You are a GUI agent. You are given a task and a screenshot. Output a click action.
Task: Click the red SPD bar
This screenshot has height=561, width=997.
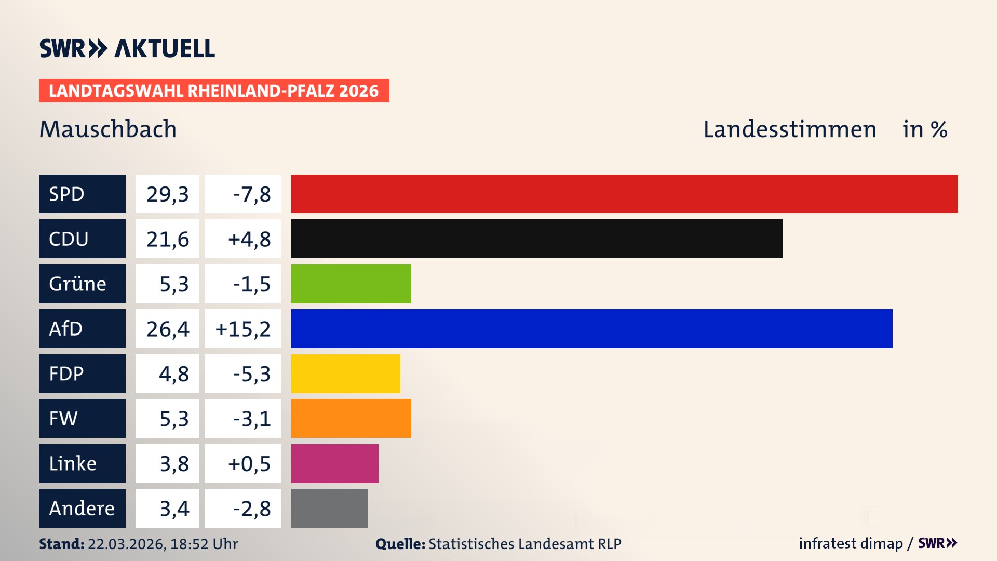point(624,194)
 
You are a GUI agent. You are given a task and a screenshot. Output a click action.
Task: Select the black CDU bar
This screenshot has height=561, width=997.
point(537,238)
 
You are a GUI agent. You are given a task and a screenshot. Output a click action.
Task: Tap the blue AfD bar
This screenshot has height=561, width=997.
point(591,328)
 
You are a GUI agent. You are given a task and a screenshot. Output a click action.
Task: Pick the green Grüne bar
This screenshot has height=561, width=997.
point(351,284)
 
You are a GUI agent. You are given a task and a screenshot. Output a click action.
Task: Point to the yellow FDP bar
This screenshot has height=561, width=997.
point(345,373)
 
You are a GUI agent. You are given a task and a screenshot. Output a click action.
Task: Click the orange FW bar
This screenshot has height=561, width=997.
point(351,418)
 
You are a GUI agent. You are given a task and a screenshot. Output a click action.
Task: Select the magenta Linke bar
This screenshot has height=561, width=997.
point(334,463)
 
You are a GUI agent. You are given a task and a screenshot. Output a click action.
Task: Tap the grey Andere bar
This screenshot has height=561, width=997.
point(329,508)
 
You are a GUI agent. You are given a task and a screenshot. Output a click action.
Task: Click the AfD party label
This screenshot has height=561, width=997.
point(82,328)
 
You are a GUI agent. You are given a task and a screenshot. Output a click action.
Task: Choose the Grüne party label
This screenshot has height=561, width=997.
point(82,284)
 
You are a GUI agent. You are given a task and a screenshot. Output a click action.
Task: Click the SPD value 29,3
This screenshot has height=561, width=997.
point(167,194)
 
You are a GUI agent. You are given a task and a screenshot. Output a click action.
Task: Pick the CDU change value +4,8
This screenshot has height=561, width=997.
point(243,238)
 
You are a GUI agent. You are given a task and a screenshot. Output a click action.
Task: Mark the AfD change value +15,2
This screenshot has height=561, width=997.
point(243,328)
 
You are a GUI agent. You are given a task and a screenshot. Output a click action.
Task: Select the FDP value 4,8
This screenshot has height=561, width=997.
point(167,373)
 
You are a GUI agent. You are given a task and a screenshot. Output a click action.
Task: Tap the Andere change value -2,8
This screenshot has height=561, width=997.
point(243,508)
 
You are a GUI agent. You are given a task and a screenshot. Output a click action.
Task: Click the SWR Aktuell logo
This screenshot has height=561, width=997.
point(127,48)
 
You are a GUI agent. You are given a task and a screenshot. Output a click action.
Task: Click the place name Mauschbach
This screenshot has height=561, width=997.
point(108,129)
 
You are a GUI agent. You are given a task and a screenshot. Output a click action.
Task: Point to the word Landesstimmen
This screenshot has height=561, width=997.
point(789,129)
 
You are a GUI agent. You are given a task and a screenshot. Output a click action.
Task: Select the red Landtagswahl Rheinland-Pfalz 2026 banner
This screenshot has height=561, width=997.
point(214,90)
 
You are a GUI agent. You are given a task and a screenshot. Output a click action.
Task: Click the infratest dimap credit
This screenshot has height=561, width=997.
point(851,543)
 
